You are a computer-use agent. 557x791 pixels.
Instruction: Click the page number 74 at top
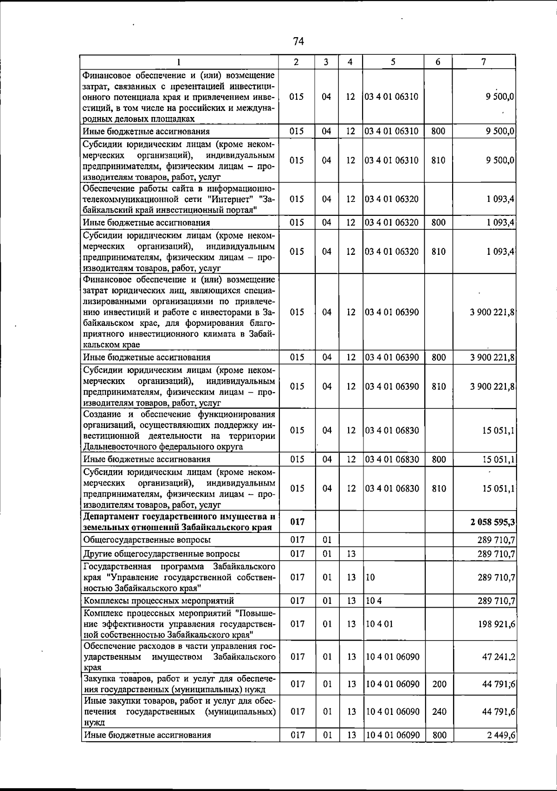(x=298, y=42)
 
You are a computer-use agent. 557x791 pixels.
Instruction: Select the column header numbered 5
(x=393, y=62)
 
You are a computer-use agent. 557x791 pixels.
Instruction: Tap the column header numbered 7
(x=484, y=62)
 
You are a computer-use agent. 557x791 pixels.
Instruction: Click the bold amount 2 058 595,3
(x=492, y=522)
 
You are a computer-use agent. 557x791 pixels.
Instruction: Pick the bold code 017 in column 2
(x=297, y=522)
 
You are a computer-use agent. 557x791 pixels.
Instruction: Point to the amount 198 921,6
(x=496, y=624)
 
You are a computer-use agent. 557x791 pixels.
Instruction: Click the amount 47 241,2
(x=499, y=657)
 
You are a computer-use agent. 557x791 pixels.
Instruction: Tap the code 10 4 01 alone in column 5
(x=379, y=624)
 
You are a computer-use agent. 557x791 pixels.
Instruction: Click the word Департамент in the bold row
(x=111, y=517)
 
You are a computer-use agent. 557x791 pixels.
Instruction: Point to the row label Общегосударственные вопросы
(x=147, y=540)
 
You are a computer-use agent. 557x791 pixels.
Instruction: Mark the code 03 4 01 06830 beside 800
(x=392, y=460)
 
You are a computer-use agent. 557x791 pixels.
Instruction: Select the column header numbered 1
(x=178, y=62)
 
